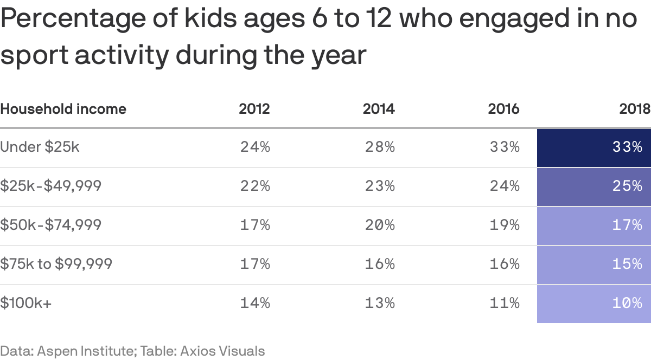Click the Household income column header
tap(63, 109)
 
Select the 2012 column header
tap(254, 109)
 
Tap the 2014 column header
tap(379, 109)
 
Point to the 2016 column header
tap(503, 109)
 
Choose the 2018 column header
tap(635, 109)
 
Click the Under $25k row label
tap(40, 147)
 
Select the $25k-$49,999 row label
tap(50, 186)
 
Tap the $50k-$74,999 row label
tap(50, 225)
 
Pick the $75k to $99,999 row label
tap(56, 264)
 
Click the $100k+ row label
tap(26, 303)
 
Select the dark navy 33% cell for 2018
tap(593, 147)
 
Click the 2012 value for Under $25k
tap(255, 147)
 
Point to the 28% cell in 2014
tap(380, 147)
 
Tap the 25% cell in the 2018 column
tap(593, 186)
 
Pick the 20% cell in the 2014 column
tap(380, 225)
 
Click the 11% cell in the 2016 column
tap(505, 303)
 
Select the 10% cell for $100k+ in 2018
tap(593, 303)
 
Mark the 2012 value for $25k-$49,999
tap(255, 186)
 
